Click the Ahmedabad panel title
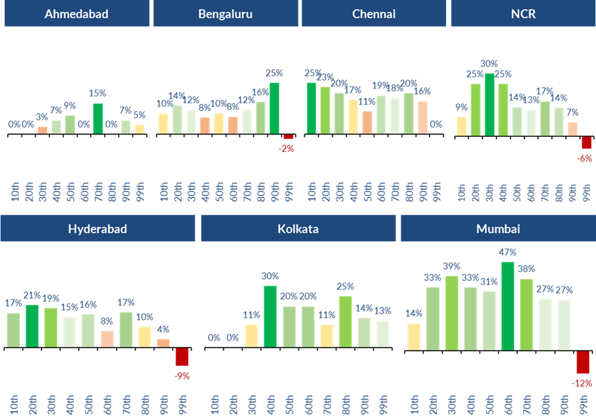click(x=76, y=13)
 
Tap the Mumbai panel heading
click(x=497, y=229)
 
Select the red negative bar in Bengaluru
click(x=288, y=137)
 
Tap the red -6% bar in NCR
click(x=586, y=142)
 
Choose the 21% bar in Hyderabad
click(x=32, y=326)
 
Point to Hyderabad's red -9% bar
click(x=182, y=357)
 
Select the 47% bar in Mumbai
click(x=507, y=306)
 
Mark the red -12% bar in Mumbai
click(x=583, y=362)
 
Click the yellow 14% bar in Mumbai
click(x=414, y=337)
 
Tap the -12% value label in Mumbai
click(x=583, y=383)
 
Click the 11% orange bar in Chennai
click(x=367, y=122)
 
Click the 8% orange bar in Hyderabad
click(x=107, y=339)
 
